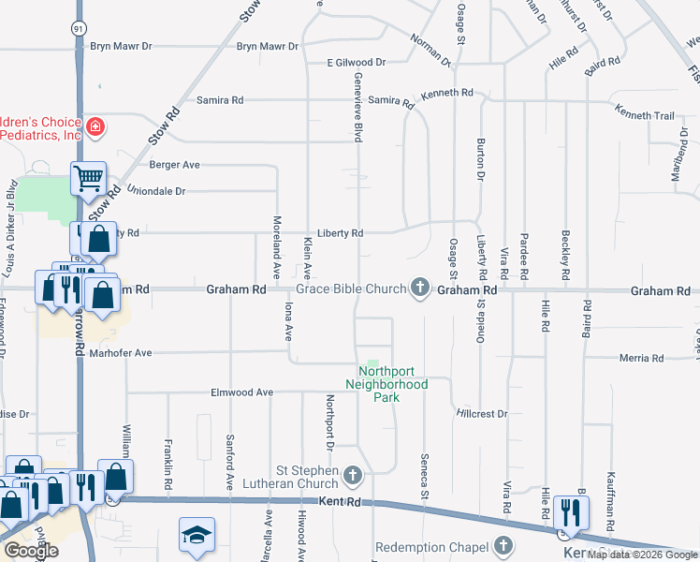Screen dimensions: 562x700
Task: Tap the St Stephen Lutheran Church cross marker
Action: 352,476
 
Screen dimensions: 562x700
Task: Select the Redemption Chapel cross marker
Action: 503,545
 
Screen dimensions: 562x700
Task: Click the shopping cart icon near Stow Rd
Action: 88,177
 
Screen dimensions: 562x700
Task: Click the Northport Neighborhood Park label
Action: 386,384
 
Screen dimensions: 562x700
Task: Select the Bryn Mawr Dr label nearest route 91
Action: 121,46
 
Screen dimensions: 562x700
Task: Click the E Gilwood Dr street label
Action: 357,63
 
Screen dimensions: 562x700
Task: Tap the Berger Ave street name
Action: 175,165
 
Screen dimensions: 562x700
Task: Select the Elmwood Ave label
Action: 241,392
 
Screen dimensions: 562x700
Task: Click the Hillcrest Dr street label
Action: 482,413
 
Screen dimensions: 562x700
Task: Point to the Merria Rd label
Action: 641,358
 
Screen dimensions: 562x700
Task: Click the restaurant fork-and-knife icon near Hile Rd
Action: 566,510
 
